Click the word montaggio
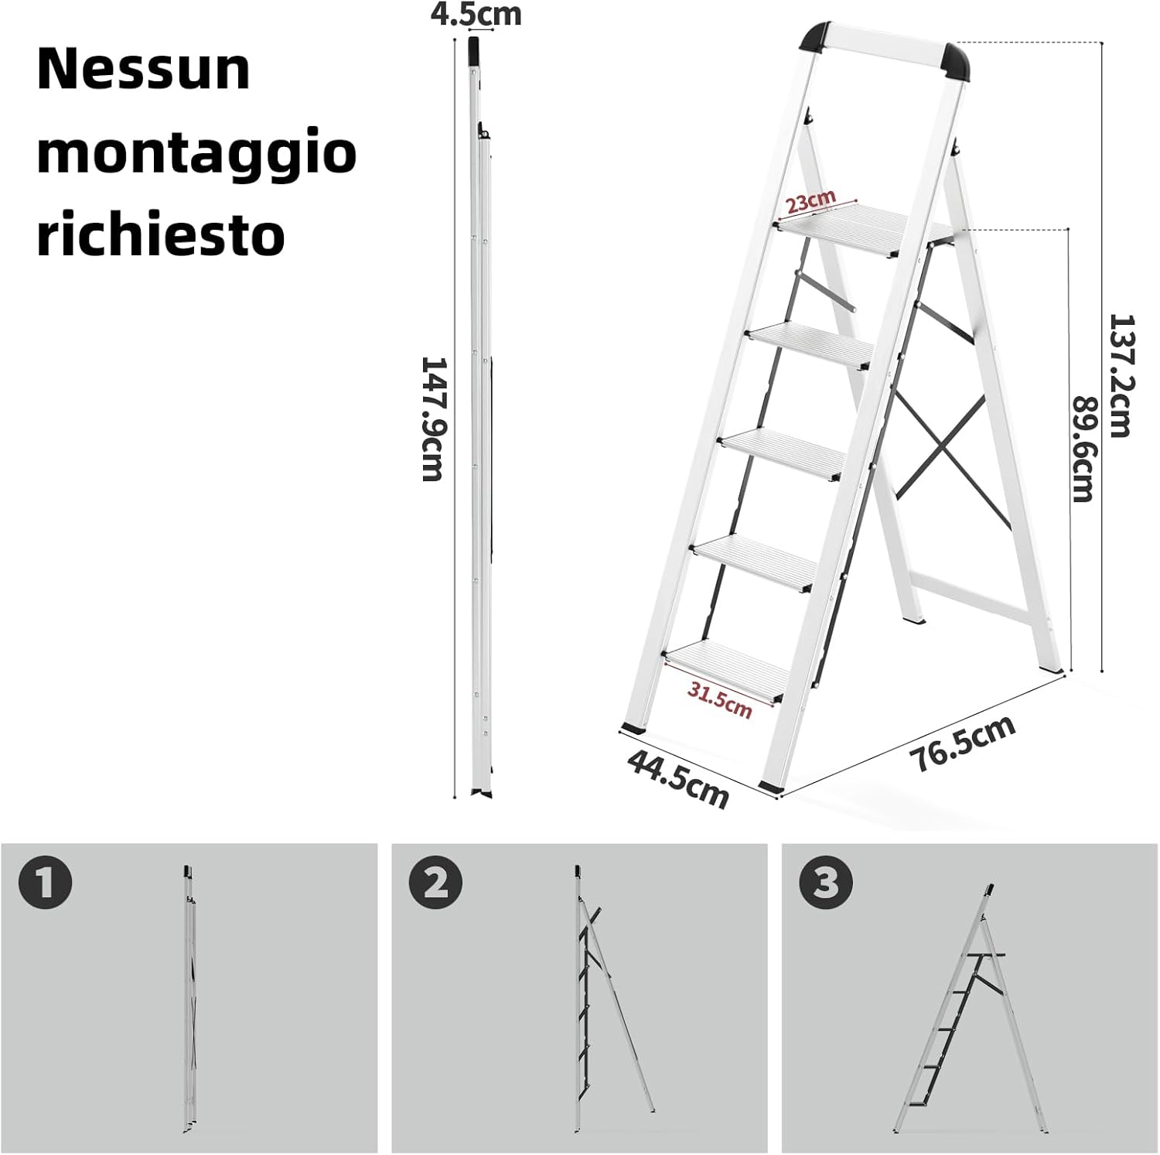[196, 153]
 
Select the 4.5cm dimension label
[476, 14]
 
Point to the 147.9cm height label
[432, 419]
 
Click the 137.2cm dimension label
[1119, 375]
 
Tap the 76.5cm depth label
[963, 743]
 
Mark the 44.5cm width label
[678, 778]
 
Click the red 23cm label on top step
[810, 202]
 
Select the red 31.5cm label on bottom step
[720, 701]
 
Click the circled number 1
[46, 883]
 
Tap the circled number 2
[436, 883]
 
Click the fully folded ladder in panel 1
[189, 998]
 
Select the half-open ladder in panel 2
[607, 998]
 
